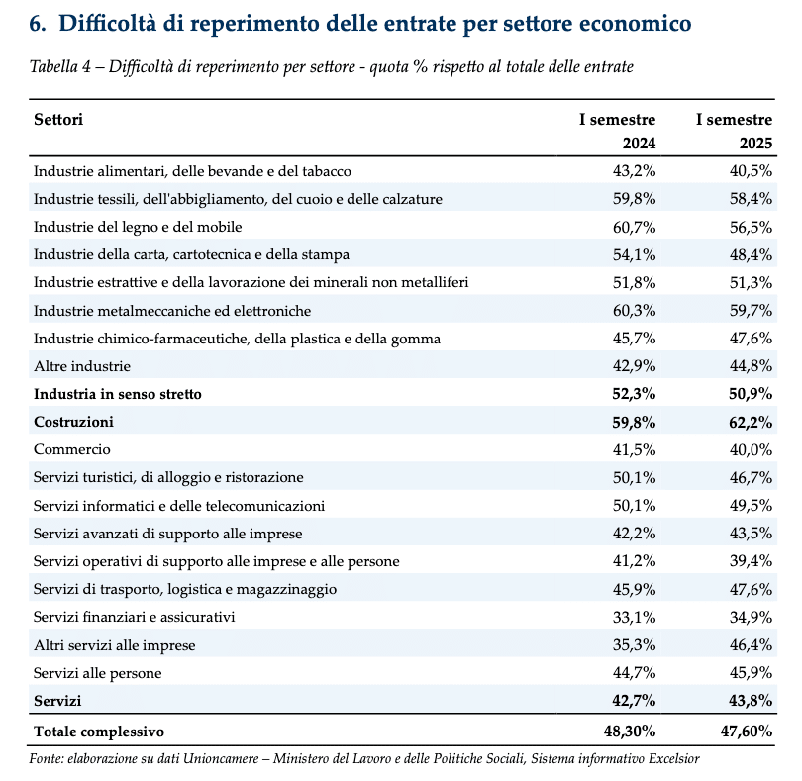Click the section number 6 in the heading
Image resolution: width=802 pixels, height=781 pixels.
point(38,22)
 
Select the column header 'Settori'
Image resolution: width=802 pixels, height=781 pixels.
point(57,120)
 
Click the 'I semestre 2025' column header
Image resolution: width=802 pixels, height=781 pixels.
point(734,132)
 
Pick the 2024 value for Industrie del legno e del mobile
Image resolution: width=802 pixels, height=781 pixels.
point(634,227)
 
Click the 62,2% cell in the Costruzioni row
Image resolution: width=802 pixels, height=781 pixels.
point(750,422)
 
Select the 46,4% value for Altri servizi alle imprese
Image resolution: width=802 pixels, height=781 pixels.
point(751,645)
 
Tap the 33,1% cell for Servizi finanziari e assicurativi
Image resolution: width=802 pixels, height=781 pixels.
point(634,618)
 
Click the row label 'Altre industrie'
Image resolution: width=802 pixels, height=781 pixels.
point(81,366)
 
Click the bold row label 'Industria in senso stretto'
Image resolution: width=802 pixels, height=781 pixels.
point(117,394)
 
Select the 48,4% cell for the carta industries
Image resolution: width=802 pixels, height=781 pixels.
point(751,254)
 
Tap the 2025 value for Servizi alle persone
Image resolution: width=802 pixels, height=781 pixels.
point(751,673)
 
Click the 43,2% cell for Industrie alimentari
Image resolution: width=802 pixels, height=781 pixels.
point(634,171)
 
